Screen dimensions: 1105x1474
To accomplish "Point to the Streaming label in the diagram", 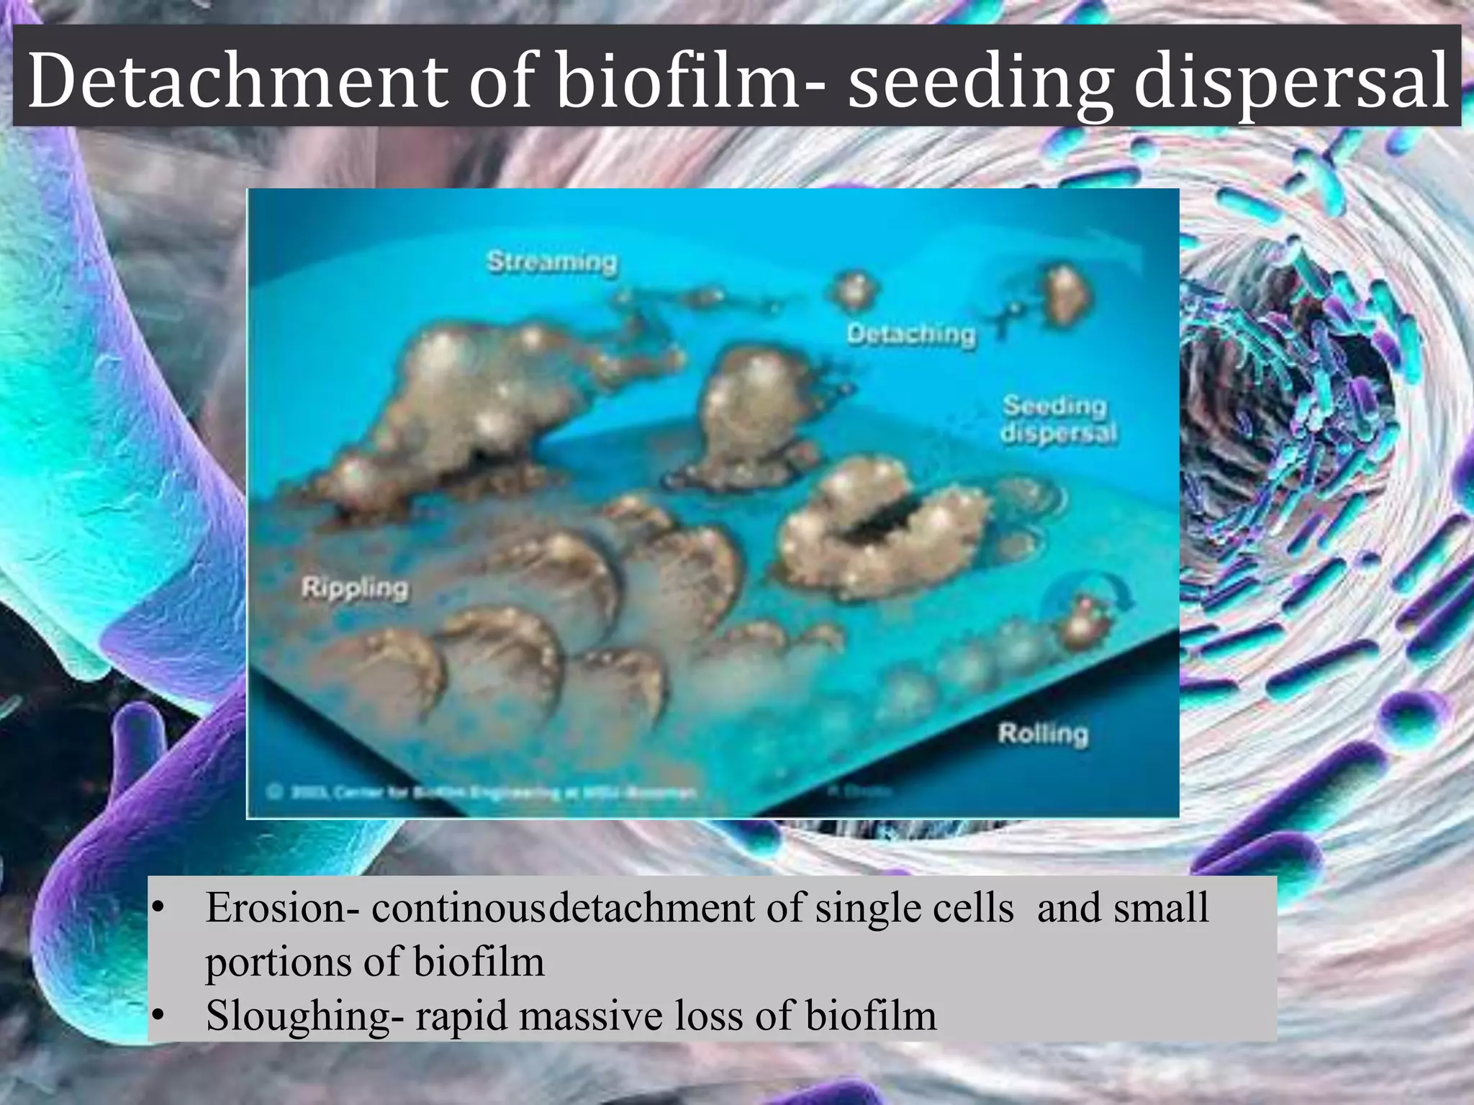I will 552,262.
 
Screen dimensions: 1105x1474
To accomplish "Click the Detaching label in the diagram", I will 911,335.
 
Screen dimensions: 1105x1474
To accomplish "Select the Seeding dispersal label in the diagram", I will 1058,419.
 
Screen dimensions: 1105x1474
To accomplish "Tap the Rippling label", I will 355,588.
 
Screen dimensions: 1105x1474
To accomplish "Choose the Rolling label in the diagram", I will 1043,735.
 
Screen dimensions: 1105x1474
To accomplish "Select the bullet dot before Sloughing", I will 159,1017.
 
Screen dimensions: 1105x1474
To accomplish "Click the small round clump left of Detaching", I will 855,290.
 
